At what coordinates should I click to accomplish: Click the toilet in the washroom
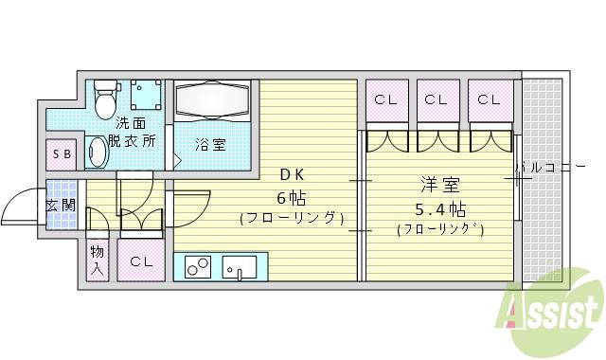[x=103, y=97]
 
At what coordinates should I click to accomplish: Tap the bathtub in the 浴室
[x=211, y=100]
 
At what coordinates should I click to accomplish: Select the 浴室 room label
[x=210, y=145]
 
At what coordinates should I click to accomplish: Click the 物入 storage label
[x=98, y=260]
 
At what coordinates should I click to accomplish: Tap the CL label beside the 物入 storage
[x=142, y=261]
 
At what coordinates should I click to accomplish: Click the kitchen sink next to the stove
[x=239, y=268]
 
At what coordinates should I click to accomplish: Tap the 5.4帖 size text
[x=437, y=207]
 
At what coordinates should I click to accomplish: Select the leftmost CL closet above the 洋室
[x=385, y=99]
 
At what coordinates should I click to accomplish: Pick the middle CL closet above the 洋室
[x=437, y=99]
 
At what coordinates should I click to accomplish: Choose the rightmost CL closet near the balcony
[x=489, y=99]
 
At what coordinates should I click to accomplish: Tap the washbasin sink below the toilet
[x=98, y=153]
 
